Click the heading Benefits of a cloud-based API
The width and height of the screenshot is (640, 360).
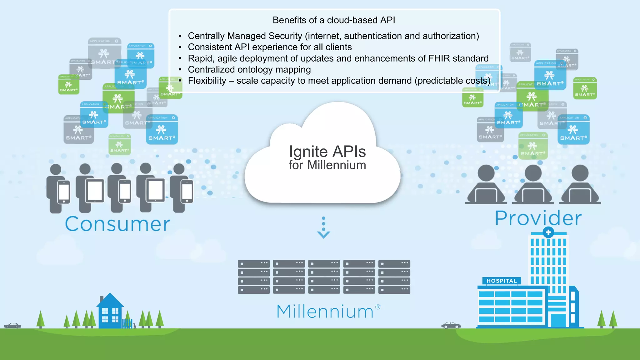point(334,20)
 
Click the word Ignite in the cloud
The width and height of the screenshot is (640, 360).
point(308,152)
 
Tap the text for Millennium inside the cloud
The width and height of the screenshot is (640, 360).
point(327,165)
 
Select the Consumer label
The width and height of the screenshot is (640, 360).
point(117,224)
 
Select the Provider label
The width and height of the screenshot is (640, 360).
point(538,218)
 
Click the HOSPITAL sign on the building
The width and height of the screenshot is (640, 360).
point(502,281)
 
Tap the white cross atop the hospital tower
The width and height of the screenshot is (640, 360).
point(548,232)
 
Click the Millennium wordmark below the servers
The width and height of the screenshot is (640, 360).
point(325,312)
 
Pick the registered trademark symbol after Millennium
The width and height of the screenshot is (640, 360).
point(378,307)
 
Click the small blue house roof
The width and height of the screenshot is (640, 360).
point(110,300)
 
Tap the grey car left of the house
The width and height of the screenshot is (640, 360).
point(12,326)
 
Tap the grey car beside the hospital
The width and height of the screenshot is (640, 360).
point(451,325)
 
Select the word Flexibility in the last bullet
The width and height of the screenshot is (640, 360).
point(207,81)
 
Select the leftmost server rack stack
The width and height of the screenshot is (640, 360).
point(253,277)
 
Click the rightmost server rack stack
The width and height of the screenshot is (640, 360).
point(394,277)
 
